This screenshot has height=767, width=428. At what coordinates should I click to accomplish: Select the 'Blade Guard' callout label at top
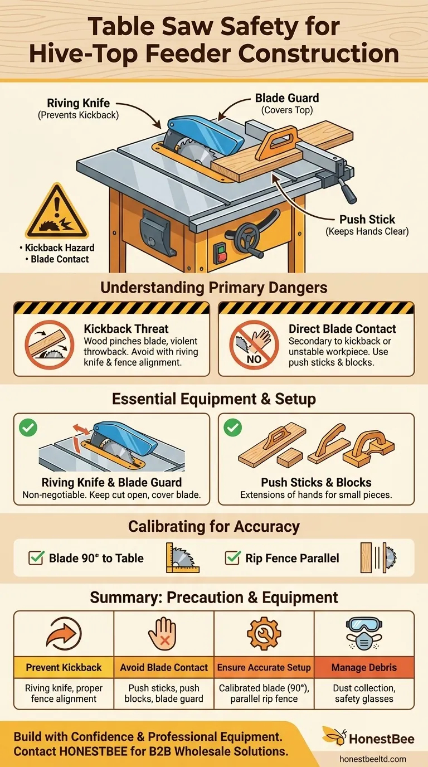[287, 99]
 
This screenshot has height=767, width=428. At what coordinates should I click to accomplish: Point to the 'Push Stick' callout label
[367, 220]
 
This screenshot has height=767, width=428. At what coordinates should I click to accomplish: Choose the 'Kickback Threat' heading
[126, 329]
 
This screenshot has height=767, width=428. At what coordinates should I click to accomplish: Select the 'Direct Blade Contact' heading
[342, 329]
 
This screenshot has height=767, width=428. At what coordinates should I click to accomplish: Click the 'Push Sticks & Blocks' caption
[316, 483]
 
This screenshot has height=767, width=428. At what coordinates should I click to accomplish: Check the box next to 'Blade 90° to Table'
[36, 558]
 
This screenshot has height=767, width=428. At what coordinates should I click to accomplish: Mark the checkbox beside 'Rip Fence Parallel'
[233, 558]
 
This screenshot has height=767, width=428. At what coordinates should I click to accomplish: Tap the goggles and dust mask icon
[364, 634]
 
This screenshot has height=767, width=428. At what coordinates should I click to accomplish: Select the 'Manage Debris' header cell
[364, 667]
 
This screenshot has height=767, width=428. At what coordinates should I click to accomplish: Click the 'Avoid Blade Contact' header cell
[164, 667]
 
